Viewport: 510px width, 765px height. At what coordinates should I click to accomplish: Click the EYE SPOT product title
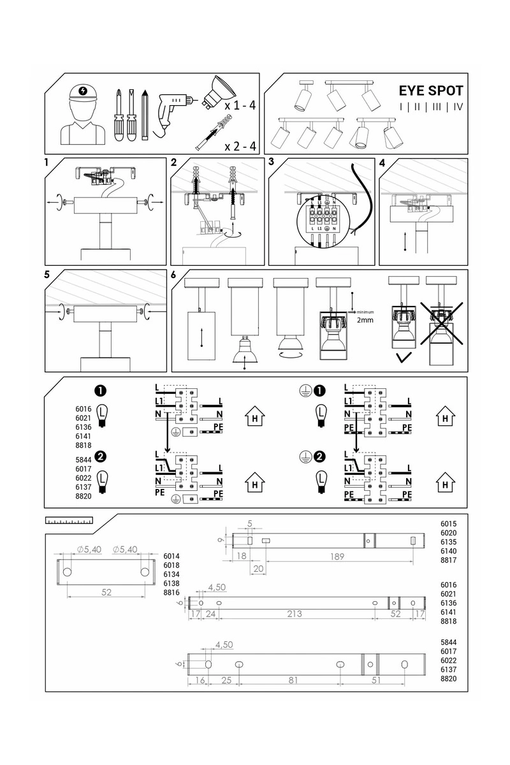point(431,91)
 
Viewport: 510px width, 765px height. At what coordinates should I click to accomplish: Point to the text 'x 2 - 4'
point(240,147)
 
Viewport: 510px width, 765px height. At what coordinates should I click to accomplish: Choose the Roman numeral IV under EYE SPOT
point(458,107)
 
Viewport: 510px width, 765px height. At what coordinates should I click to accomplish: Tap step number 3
point(272,162)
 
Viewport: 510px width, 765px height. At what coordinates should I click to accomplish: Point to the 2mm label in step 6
point(365,321)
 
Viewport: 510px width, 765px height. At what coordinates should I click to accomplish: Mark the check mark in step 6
point(403,359)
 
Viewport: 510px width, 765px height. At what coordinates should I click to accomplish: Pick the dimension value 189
point(337,557)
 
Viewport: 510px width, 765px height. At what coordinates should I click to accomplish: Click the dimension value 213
point(294,615)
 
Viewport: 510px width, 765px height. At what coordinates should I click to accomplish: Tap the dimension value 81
point(293,680)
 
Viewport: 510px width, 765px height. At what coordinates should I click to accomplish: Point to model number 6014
point(172,556)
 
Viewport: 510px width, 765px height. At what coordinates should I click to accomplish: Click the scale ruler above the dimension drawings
point(69,521)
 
